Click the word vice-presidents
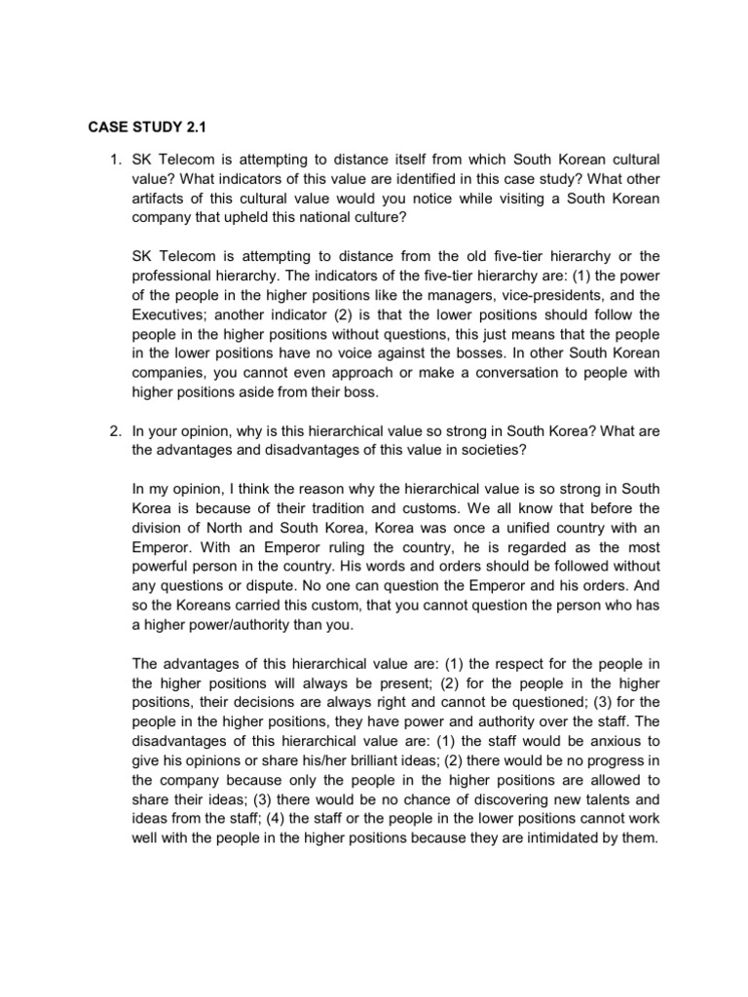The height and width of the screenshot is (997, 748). point(521,295)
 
